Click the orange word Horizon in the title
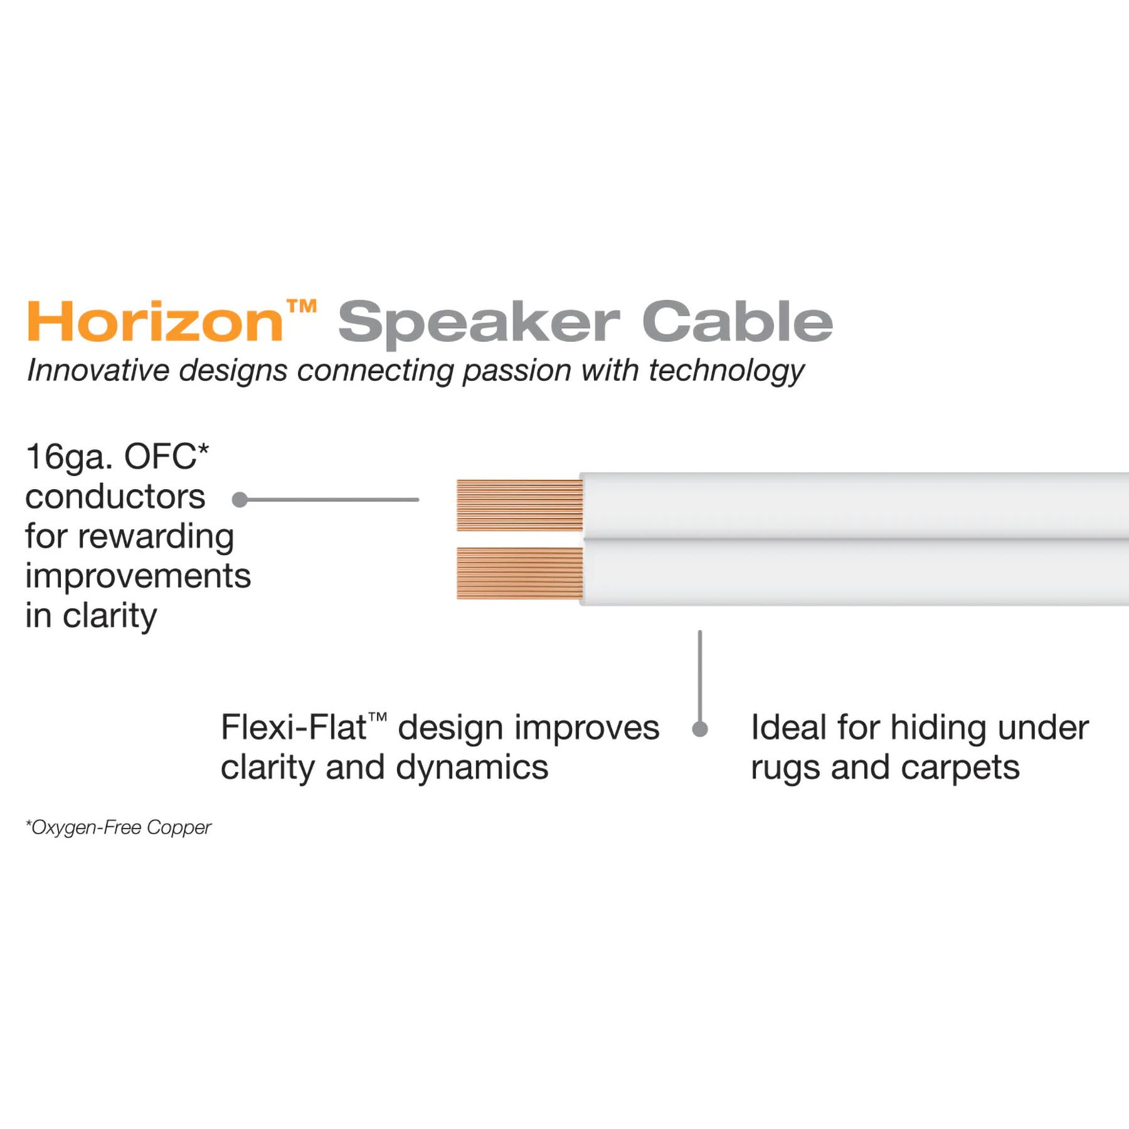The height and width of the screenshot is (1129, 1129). pos(155,322)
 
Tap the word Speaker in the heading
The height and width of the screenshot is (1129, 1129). pos(479,323)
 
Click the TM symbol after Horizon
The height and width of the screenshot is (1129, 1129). pos(302,307)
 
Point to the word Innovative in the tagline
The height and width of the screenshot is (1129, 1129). pos(98,370)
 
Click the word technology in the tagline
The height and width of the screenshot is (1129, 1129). pos(726,371)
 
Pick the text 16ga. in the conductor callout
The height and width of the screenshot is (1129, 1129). pos(68,457)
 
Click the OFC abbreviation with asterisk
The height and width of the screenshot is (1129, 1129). pos(166,457)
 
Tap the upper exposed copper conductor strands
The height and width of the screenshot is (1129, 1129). pos(519,506)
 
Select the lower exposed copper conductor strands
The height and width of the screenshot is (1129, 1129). pos(519,573)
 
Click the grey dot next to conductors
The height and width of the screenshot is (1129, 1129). pos(240,500)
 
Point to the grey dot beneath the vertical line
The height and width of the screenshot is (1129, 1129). pos(700,729)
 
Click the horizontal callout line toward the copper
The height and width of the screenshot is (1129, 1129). pos(332,500)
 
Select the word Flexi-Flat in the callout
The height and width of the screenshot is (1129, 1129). pos(294,728)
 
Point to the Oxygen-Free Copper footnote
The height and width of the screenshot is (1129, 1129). pos(119,828)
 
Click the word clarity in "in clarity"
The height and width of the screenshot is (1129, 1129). pos(110,617)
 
